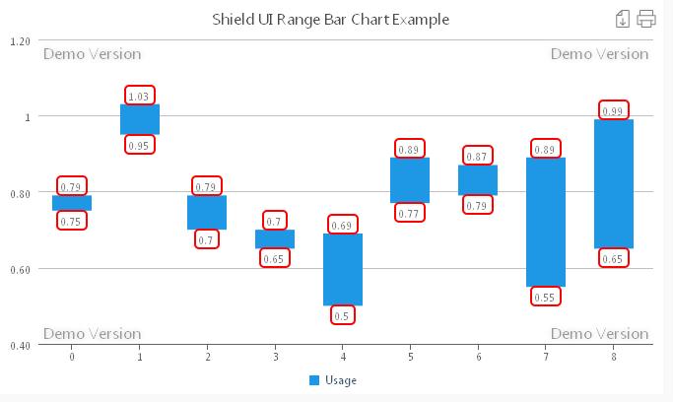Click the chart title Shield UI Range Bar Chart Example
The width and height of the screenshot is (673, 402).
(330, 19)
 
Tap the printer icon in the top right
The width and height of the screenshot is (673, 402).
(646, 19)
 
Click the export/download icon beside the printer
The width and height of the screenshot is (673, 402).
(622, 19)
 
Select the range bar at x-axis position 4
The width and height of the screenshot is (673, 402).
(343, 269)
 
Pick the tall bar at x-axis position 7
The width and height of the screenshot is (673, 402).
(545, 222)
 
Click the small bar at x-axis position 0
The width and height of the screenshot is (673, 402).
(72, 202)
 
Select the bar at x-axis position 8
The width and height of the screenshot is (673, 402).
(613, 183)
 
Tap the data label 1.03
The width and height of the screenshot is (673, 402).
(139, 96)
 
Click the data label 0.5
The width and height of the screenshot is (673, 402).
(343, 315)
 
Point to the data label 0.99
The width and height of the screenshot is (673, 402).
(613, 110)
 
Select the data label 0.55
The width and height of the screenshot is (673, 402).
(545, 296)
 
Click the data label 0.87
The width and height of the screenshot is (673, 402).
(477, 156)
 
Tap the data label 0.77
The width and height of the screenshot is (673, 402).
(410, 213)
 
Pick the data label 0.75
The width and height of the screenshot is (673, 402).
(71, 221)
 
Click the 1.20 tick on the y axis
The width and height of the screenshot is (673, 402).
(19, 40)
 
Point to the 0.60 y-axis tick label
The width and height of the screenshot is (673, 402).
(19, 269)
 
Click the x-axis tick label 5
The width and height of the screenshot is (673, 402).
(410, 357)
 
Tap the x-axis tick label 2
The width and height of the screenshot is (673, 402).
(207, 357)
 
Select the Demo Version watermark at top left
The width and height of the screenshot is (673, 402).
(92, 54)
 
